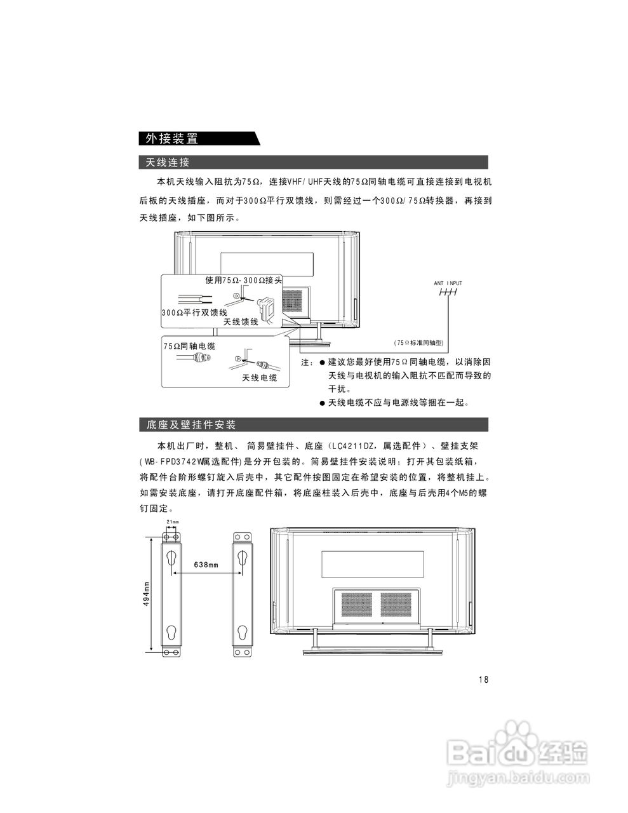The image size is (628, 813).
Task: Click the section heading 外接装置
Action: [171, 138]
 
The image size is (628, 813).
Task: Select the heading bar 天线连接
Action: [168, 163]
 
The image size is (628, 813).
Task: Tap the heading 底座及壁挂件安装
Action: [191, 424]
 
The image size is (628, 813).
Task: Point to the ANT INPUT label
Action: [448, 283]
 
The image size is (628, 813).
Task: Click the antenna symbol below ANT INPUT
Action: [448, 293]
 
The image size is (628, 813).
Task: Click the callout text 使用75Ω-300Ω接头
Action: [243, 280]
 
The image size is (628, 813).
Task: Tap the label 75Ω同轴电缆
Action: [190, 346]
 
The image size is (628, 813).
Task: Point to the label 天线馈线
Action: [241, 322]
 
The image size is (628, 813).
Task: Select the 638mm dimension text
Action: [206, 565]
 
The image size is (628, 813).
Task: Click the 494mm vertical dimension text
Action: [146, 593]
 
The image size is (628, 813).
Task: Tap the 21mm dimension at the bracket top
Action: [172, 522]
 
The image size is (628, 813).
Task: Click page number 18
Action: [483, 680]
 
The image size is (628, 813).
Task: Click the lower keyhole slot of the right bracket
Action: [243, 633]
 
